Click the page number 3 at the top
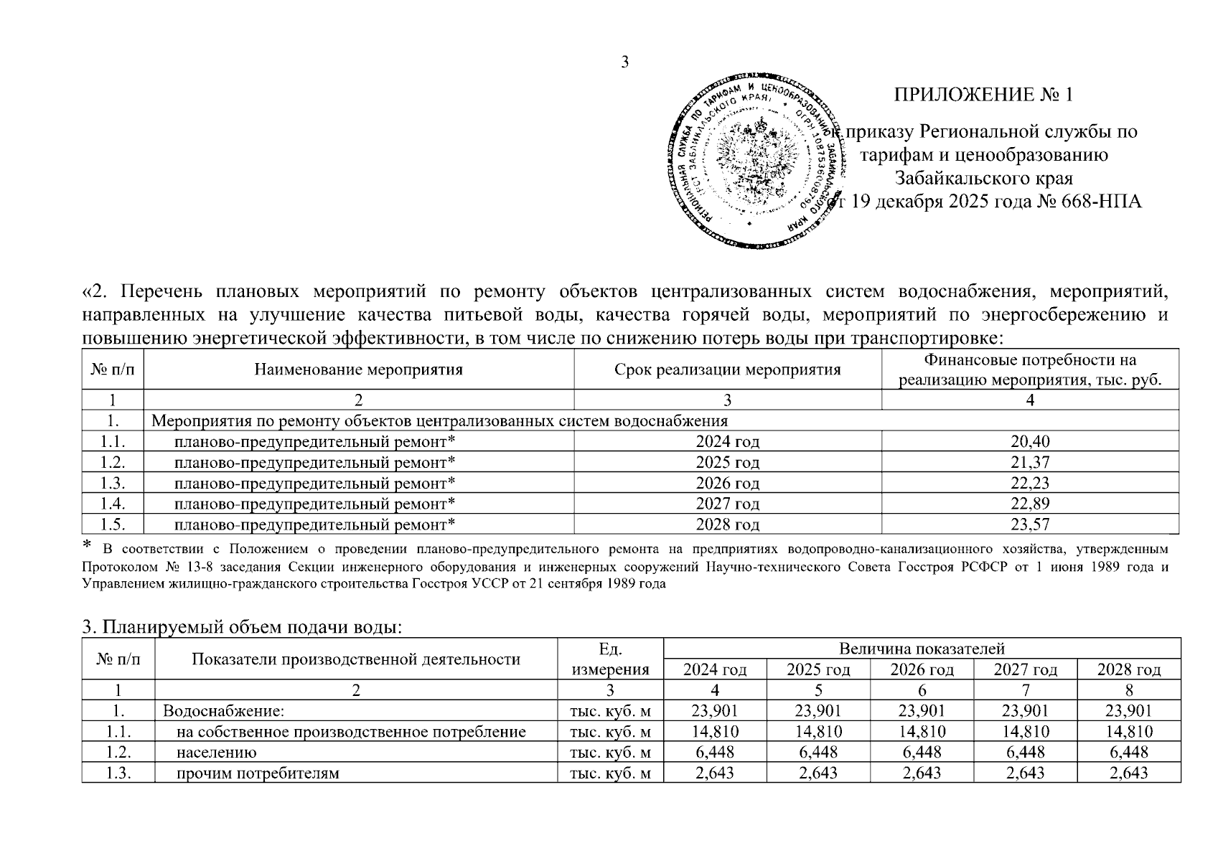pyautogui.click(x=624, y=62)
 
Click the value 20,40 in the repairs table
pyautogui.click(x=1030, y=441)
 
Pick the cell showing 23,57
pyautogui.click(x=1030, y=524)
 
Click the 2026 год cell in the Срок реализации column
pyautogui.click(x=727, y=483)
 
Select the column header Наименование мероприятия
pyautogui.click(x=358, y=370)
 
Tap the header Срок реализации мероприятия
pyautogui.click(x=727, y=370)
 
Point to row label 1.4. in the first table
pyautogui.click(x=113, y=504)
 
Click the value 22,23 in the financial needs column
pyautogui.click(x=1030, y=483)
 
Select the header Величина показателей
pyautogui.click(x=922, y=649)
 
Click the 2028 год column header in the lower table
pyautogui.click(x=1129, y=670)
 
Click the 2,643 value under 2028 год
pyautogui.click(x=1129, y=773)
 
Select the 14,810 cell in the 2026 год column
pyautogui.click(x=922, y=732)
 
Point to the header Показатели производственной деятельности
pyautogui.click(x=355, y=659)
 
